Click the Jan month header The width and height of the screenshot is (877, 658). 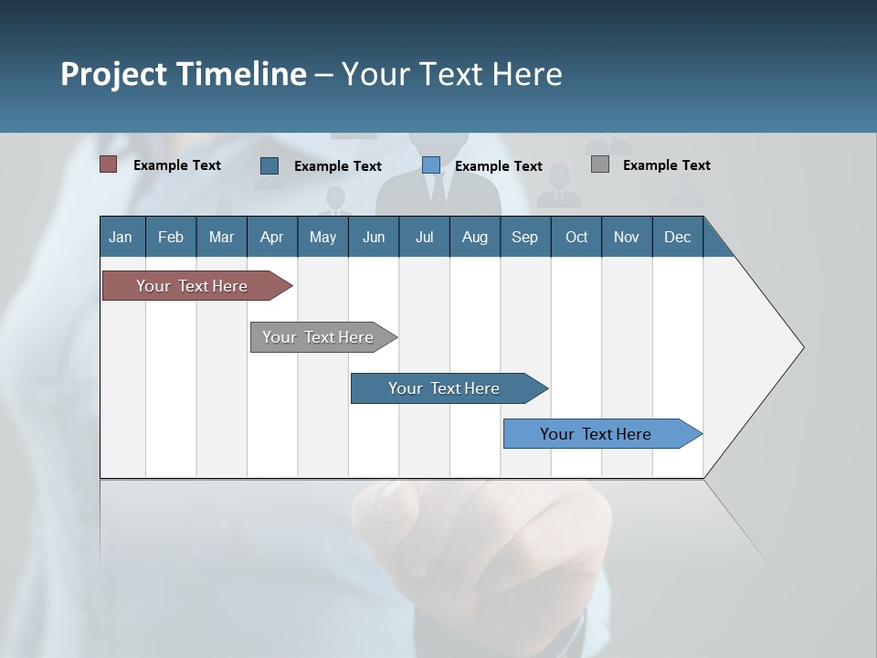click(121, 237)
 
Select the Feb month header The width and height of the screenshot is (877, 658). click(171, 237)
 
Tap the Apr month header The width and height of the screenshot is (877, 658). click(271, 237)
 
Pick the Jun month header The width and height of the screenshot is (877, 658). click(374, 237)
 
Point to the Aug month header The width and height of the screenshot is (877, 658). click(474, 237)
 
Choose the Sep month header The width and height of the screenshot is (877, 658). click(524, 237)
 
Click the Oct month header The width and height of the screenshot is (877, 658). click(576, 237)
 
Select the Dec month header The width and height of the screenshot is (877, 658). click(677, 237)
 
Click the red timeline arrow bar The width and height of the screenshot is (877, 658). click(192, 286)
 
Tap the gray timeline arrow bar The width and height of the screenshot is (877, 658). click(318, 337)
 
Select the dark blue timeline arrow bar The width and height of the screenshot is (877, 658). click(444, 388)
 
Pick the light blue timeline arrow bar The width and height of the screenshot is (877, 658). click(596, 434)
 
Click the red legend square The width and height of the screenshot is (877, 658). click(108, 164)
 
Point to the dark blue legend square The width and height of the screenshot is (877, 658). click(269, 165)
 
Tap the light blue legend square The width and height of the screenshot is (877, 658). click(431, 165)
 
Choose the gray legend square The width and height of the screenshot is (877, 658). click(600, 164)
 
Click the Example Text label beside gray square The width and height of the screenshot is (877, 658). click(666, 165)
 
